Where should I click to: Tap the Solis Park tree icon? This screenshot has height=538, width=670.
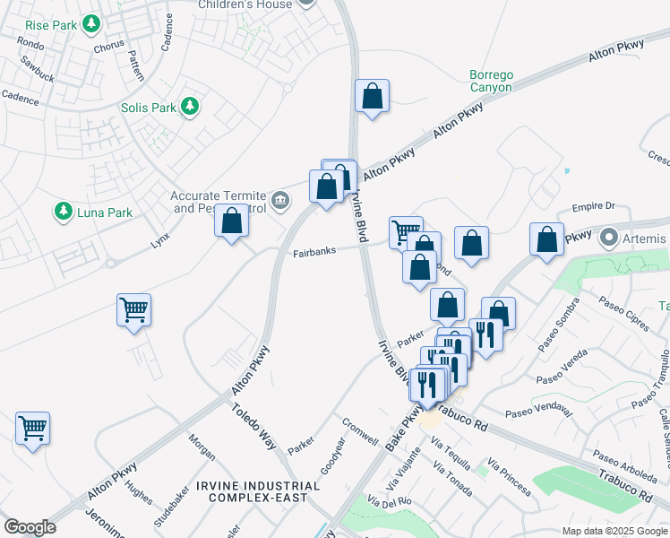pyautogui.click(x=189, y=108)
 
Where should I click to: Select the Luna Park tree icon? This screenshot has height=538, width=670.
pyautogui.click(x=63, y=212)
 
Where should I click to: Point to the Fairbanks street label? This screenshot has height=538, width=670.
pyautogui.click(x=314, y=252)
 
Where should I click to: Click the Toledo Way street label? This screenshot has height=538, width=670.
pyautogui.click(x=256, y=425)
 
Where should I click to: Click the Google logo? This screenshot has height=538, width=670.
pyautogui.click(x=30, y=527)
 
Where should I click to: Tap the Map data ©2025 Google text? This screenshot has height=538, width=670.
pyautogui.click(x=614, y=531)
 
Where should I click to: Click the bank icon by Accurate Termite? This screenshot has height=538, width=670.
pyautogui.click(x=280, y=198)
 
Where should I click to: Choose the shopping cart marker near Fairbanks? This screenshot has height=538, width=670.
pyautogui.click(x=406, y=231)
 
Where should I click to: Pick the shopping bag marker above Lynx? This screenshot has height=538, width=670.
pyautogui.click(x=231, y=221)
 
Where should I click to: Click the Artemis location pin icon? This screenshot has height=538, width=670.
pyautogui.click(x=609, y=239)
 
